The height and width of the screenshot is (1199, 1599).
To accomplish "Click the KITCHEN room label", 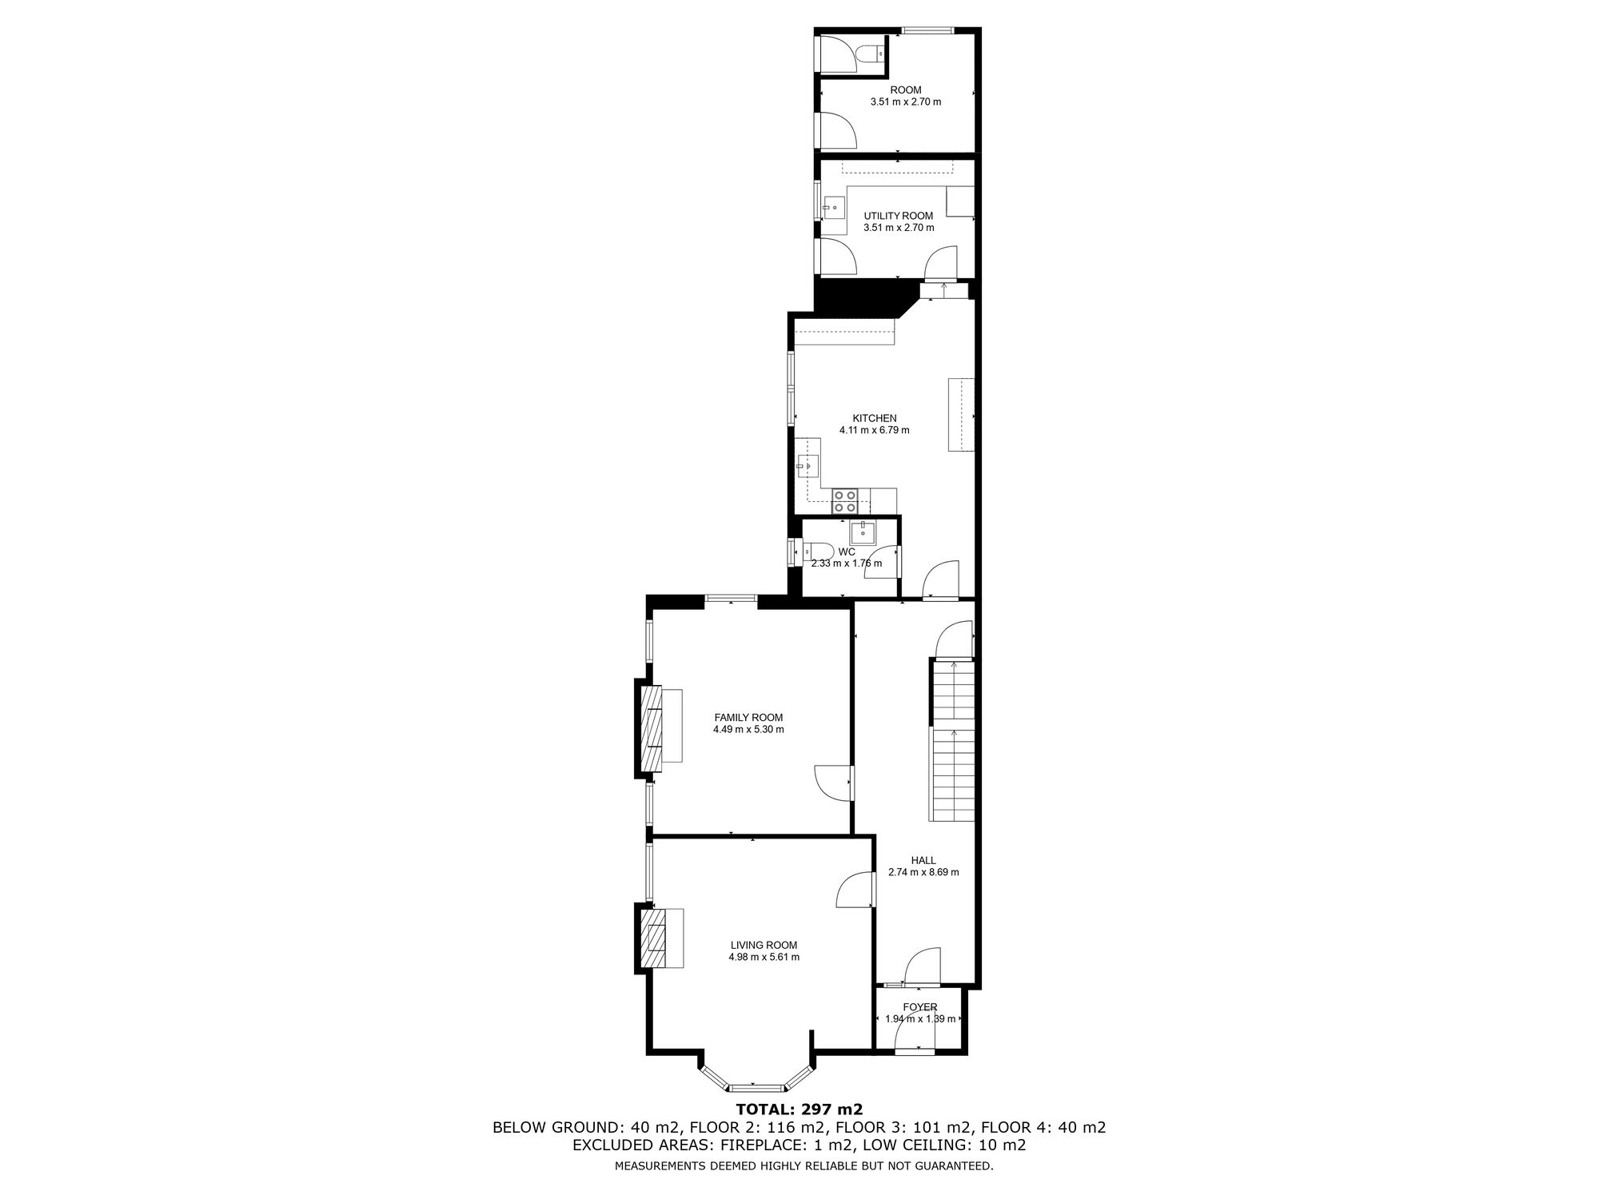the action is [875, 418].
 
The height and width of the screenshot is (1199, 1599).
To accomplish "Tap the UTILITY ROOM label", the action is [899, 216].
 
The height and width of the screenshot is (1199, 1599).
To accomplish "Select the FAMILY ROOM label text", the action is [748, 718].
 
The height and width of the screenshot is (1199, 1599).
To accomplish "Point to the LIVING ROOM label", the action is [764, 945].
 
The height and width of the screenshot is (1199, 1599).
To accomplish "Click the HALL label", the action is [923, 861].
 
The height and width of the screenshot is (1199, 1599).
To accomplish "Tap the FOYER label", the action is [920, 1007].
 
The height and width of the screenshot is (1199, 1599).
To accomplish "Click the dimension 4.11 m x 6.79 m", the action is [875, 430].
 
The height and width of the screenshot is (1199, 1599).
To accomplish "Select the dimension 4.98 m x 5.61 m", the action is [764, 957].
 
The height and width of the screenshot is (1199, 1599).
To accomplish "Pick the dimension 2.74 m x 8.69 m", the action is [923, 873].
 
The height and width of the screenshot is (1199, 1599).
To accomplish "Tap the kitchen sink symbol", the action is [807, 464].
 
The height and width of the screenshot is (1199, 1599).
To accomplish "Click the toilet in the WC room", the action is [818, 552].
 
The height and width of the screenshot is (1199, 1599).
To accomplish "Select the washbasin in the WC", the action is [863, 531].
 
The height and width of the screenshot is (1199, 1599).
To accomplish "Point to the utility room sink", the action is [834, 207].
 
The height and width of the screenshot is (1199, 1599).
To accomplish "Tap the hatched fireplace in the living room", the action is [654, 938].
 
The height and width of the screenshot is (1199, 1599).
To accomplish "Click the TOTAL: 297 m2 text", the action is [799, 1109].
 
